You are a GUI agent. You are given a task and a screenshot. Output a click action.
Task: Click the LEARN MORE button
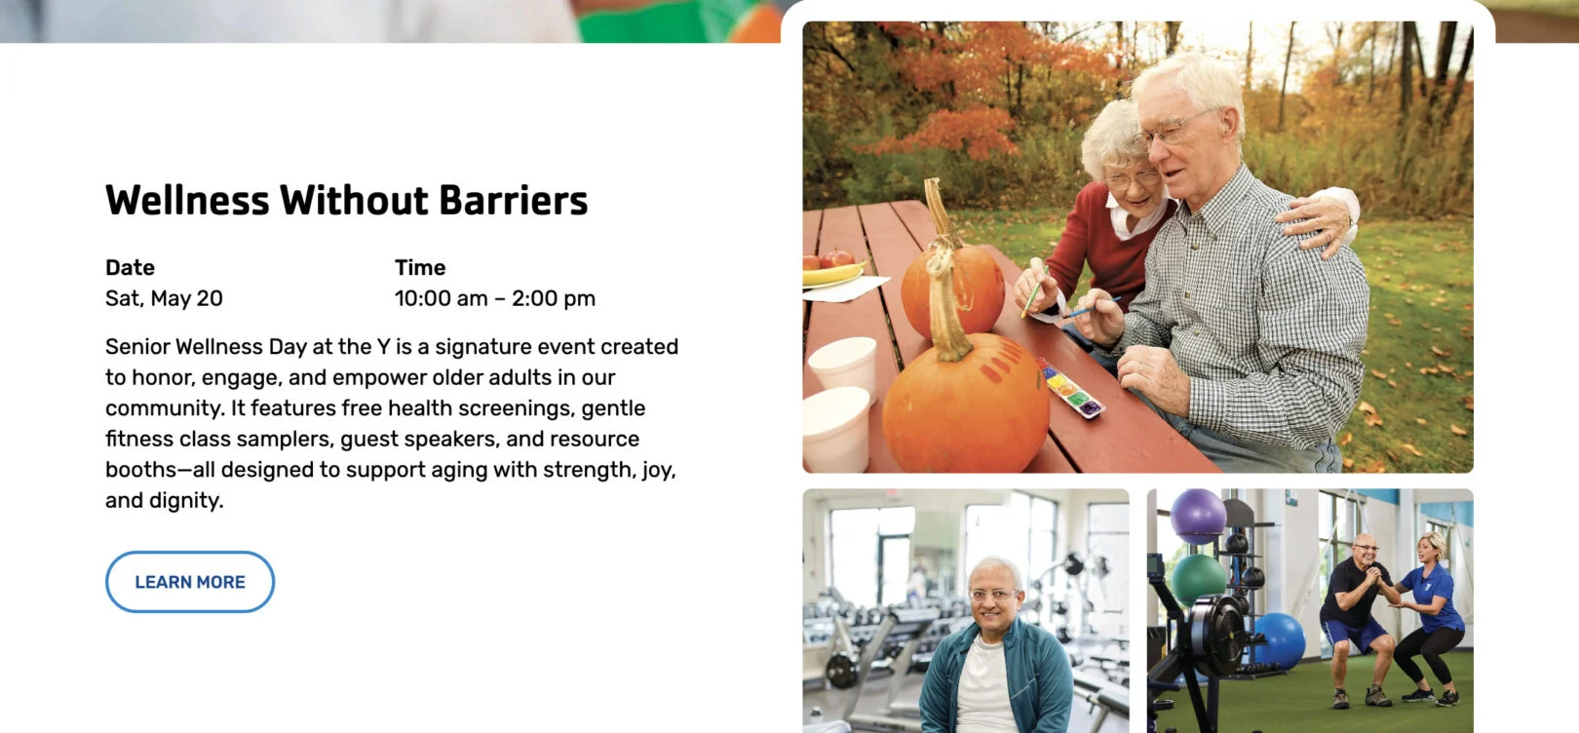[190, 582]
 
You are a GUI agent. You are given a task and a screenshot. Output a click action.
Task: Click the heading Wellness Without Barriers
[346, 200]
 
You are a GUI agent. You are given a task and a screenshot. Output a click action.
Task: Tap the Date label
[130, 267]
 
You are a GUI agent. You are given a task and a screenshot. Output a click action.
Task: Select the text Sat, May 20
[164, 298]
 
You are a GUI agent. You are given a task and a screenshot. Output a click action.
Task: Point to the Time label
[420, 267]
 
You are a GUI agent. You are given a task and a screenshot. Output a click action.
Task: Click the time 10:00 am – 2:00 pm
[495, 298]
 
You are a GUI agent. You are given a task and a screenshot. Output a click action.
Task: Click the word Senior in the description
[136, 347]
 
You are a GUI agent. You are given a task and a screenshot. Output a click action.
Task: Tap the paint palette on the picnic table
[1069, 388]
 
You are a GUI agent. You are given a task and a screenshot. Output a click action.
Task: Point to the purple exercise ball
[1198, 517]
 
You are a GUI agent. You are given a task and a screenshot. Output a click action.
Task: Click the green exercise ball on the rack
[1198, 580]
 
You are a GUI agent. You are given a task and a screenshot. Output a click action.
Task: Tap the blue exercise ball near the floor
[1277, 640]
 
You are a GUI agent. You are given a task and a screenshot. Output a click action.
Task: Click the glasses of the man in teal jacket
[992, 595]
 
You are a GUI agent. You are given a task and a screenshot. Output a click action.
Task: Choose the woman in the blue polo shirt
[1428, 617]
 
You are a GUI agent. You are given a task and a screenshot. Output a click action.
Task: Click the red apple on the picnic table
[836, 258]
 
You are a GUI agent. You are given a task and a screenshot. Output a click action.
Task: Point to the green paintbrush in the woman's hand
[1034, 292]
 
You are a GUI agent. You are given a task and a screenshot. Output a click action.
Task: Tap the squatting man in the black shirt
[1357, 620]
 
